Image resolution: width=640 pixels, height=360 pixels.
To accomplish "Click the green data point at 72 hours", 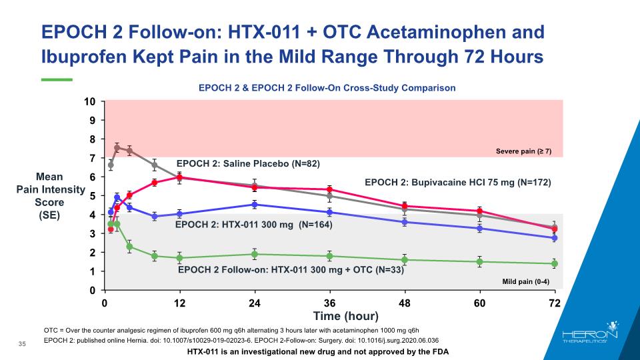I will point(555,264).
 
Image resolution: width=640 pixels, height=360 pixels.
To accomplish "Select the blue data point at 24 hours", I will point(255,205).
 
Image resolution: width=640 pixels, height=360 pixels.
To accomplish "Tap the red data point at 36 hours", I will point(329,189).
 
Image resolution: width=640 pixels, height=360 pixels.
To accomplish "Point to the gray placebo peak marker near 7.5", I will point(117,148).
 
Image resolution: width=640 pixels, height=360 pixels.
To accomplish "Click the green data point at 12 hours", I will point(179,258).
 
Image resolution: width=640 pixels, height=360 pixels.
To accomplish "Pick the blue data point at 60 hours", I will point(480,228).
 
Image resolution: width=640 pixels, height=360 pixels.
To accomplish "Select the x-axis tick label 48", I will point(404,303).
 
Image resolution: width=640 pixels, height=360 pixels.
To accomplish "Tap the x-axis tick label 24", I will point(254,303).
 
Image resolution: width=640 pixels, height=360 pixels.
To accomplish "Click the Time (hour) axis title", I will point(346,315).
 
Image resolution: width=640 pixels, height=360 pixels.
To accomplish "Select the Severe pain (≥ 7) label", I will point(524,151).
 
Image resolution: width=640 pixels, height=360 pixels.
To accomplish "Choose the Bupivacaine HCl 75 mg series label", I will point(458,181).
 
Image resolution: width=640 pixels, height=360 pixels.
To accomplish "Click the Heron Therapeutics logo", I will point(591,337).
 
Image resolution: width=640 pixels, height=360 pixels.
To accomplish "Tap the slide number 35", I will point(22,343).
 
